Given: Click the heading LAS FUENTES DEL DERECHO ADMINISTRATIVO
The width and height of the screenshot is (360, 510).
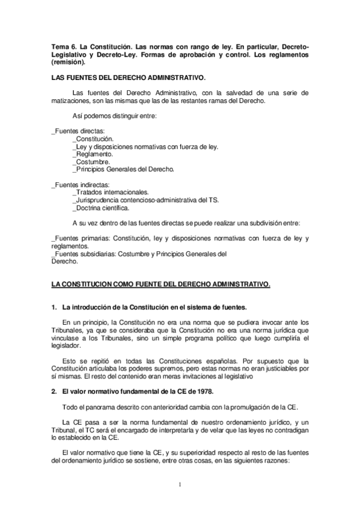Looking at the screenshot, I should [129, 78].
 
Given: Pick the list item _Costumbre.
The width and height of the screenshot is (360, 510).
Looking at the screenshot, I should [91, 162].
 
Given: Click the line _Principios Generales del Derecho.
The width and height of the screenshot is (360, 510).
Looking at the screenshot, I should [123, 170].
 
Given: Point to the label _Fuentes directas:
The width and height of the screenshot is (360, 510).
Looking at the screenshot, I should [79, 131].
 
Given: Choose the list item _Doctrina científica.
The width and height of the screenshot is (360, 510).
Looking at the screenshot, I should [100, 208].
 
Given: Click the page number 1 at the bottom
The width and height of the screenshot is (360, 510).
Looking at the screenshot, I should [180, 483].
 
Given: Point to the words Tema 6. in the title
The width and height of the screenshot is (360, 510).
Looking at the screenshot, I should [65, 47].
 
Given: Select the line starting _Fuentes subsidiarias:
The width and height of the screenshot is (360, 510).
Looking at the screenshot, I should [139, 254].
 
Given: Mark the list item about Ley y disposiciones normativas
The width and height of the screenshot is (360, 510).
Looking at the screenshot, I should [145, 146].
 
